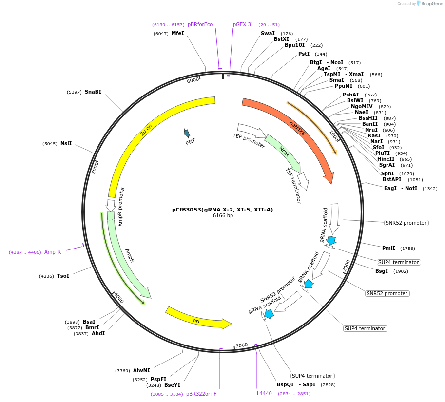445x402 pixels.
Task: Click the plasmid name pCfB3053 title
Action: click(222, 210)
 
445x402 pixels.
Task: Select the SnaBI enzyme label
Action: click(93, 92)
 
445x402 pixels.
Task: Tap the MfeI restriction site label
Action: click(177, 33)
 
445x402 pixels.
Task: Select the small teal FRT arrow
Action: click(187, 133)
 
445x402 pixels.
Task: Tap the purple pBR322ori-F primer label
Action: click(201, 394)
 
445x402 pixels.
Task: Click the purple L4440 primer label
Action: click(264, 393)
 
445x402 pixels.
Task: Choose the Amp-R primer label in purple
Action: click(53, 252)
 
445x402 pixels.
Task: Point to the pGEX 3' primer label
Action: click(243, 24)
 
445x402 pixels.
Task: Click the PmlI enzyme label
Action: click(388, 248)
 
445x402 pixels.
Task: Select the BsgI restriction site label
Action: click(381, 271)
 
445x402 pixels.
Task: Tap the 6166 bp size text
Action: click(223, 215)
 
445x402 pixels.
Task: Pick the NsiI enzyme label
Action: click(66, 143)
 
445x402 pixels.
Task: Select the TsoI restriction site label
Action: click(63, 276)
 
